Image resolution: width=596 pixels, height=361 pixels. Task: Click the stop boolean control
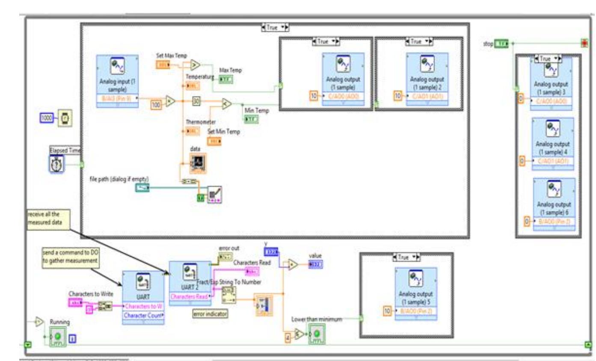click(501, 43)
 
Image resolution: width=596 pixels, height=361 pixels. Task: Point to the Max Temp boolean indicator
click(225, 79)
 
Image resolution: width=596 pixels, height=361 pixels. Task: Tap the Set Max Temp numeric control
click(162, 65)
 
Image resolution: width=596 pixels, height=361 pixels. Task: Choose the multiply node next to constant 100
click(171, 102)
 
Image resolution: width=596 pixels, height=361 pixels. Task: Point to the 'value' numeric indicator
click(316, 265)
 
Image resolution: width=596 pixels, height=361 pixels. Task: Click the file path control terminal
click(142, 187)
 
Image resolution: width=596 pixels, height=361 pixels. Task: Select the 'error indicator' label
click(210, 314)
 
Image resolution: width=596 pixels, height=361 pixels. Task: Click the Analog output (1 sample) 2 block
click(427, 80)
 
